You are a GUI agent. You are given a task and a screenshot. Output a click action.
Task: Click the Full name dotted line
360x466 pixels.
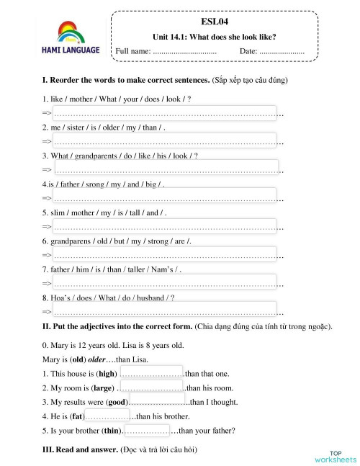[185, 52]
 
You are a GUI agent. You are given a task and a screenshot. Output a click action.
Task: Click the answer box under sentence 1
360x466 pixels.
[165, 113]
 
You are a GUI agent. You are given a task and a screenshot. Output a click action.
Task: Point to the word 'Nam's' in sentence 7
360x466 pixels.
[152, 269]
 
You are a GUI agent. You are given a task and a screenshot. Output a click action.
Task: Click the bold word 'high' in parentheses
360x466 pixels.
[107, 373]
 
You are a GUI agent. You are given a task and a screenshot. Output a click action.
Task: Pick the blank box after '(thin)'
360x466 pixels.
[147, 431]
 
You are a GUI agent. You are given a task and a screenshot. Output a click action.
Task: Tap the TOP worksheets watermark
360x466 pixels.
[336, 455]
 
